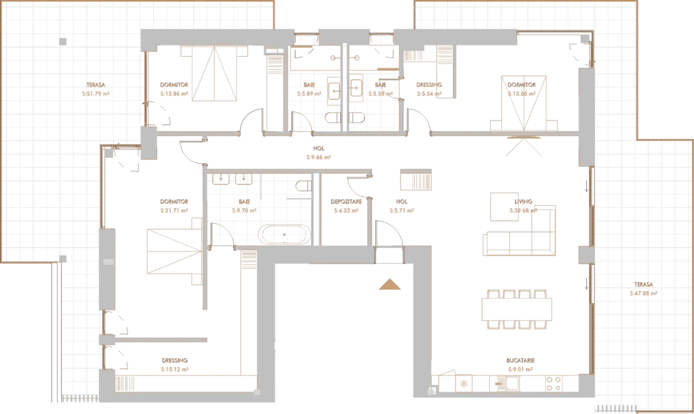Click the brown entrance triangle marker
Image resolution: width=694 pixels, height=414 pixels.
[x=390, y=285]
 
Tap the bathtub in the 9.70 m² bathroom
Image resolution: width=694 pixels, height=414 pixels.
[x=284, y=234]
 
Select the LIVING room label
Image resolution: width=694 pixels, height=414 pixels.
[x=523, y=202]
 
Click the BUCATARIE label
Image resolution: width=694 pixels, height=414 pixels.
[x=520, y=360]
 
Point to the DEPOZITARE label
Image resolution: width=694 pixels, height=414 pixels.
[x=346, y=202]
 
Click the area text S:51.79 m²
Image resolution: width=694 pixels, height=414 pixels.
[x=96, y=94]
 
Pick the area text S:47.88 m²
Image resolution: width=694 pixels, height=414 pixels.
[x=643, y=293]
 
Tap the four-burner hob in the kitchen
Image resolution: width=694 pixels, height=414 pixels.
[x=554, y=384]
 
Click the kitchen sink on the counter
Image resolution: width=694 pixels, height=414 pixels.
[x=512, y=384]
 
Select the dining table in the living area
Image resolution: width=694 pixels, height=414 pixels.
[x=517, y=310]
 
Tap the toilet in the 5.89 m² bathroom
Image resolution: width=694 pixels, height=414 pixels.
[x=333, y=118]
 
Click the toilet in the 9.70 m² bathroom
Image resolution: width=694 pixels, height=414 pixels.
[x=304, y=185]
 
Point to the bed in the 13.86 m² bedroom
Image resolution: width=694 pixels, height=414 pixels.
[x=214, y=73]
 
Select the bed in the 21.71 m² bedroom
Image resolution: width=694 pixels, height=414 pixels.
[x=175, y=251]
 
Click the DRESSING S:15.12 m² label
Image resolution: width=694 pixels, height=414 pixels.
[x=175, y=365]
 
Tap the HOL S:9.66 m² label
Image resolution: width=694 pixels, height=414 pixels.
[x=319, y=153]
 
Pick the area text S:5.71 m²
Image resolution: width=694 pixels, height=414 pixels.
[x=401, y=211]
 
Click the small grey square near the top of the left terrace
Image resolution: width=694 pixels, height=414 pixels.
[x=63, y=41]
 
